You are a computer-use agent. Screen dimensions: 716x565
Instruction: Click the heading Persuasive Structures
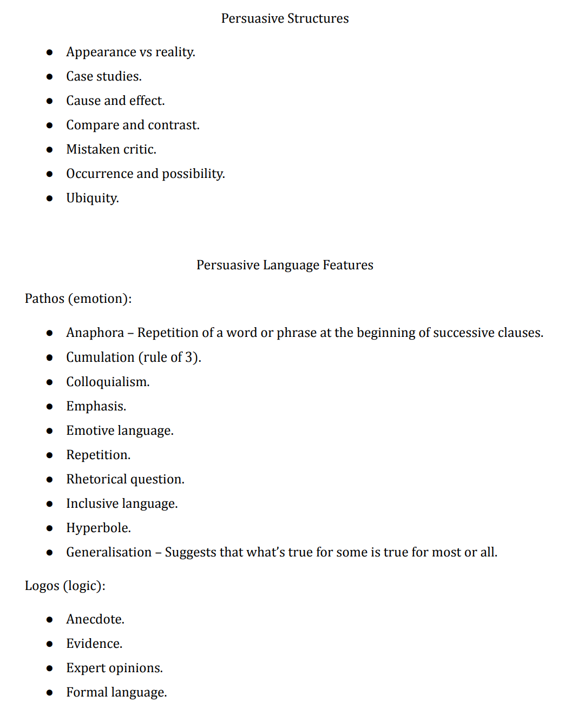coord(285,18)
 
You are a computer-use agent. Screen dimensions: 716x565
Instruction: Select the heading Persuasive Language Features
coord(285,265)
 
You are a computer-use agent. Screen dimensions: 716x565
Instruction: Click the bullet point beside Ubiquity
coord(50,198)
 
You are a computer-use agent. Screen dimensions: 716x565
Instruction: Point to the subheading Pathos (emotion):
coord(78,299)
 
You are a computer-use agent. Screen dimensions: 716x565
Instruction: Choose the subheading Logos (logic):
coord(65,586)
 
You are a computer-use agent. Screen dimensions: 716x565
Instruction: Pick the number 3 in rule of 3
coord(189,357)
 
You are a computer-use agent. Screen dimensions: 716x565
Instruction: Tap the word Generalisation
coord(109,552)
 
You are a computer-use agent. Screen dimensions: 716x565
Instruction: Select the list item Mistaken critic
coord(111,149)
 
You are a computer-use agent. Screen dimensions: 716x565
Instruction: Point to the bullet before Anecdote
coord(50,620)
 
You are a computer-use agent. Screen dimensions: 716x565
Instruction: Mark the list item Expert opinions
coord(114,668)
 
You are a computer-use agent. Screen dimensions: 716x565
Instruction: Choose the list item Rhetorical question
coord(125,479)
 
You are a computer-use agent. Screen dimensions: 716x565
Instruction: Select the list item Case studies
coord(104,76)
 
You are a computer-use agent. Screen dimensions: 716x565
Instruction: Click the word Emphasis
coord(95,406)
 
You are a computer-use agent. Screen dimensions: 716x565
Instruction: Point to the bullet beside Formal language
coord(50,693)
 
